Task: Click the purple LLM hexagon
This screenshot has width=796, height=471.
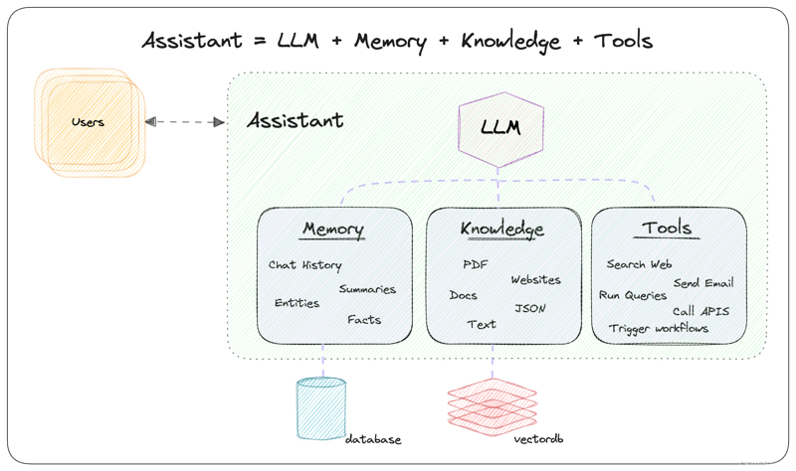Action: point(499,128)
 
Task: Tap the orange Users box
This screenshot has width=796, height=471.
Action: point(89,121)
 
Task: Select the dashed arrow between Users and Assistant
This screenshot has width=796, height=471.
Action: point(185,121)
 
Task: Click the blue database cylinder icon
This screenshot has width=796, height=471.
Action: point(320,407)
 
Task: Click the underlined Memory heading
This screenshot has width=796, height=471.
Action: point(332,230)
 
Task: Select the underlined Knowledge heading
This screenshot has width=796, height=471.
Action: point(501,230)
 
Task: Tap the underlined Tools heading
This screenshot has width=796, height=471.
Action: point(667,229)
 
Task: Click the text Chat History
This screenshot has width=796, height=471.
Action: point(304,265)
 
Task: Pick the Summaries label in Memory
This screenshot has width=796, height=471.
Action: point(366,289)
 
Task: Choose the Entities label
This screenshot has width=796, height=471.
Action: point(297,303)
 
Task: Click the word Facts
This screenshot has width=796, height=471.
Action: point(363,320)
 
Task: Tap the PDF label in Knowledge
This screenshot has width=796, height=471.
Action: point(475,265)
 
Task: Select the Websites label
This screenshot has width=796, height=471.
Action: point(535,280)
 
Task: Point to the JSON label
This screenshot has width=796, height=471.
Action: point(529,309)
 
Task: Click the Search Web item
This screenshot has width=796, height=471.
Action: point(639,264)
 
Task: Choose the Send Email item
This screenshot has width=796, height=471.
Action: point(702,283)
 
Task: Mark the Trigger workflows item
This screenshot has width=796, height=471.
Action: point(659,328)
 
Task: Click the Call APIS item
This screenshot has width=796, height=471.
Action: point(700,311)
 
